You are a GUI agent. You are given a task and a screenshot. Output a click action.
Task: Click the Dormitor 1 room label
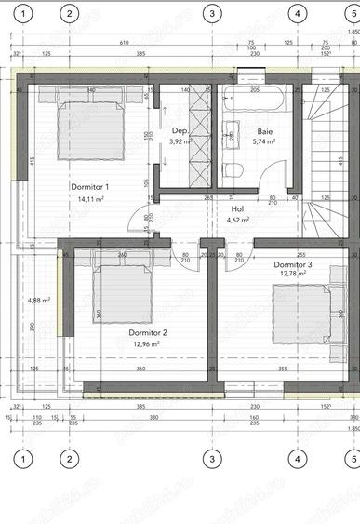pyautogui.click(x=90, y=187)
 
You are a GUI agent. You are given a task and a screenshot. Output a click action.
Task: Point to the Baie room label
pyautogui.click(x=265, y=131)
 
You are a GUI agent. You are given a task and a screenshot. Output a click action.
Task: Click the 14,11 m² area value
pyautogui.click(x=90, y=198)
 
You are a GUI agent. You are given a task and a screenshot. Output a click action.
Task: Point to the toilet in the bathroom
pyautogui.click(x=235, y=168)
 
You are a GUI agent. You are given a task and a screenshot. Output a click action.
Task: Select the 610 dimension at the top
pyautogui.click(x=124, y=43)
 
